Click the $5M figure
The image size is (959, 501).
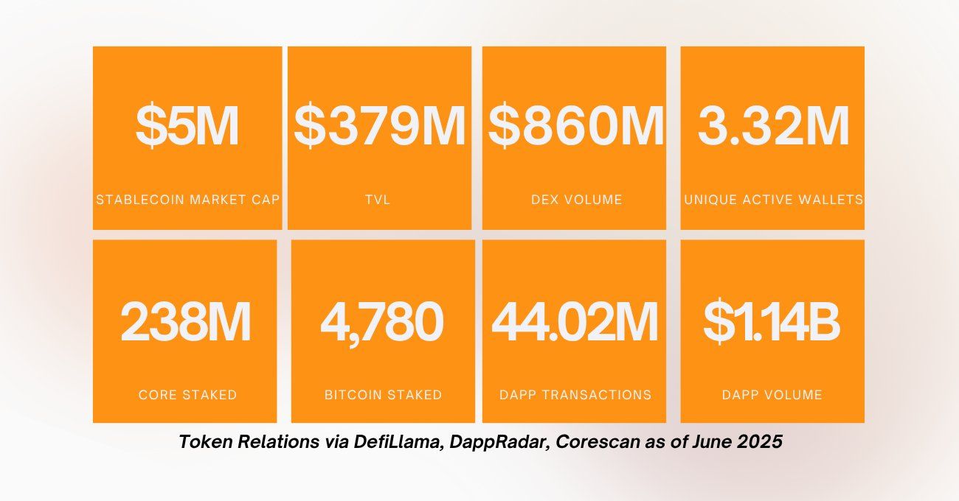pos(187,127)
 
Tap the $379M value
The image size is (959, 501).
pos(379,127)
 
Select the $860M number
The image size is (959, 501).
pos(575,127)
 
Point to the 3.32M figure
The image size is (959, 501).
pos(773,127)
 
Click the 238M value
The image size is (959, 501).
pos(186,322)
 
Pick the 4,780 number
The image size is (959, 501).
pos(382,322)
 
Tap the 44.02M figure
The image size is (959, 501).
pos(575,322)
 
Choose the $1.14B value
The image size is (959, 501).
pos(772,322)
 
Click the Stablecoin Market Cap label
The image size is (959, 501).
pos(187,200)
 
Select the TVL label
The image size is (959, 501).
pos(379,200)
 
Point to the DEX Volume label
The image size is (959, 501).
pos(576,200)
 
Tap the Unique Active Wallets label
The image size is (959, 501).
pos(773,200)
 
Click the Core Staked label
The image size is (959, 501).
pos(187,395)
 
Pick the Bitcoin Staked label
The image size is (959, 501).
pos(383,395)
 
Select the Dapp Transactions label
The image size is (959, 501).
pos(575,395)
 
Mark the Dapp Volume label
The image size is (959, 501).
pos(772,395)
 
